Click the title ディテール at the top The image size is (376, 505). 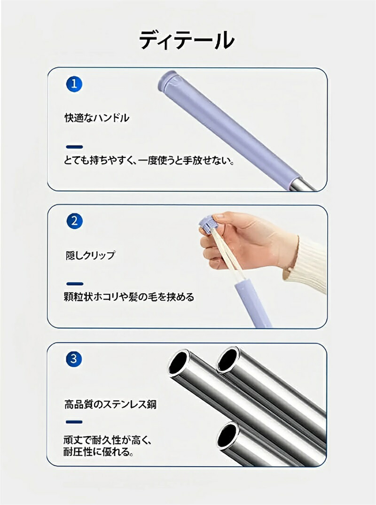click(187, 40)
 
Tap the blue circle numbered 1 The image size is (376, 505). click(74, 84)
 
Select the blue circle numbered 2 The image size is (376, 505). click(74, 221)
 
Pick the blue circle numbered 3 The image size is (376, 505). click(74, 358)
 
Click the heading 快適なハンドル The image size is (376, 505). click(97, 118)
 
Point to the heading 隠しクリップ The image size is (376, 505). click(90, 256)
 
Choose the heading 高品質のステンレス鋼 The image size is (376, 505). click(110, 404)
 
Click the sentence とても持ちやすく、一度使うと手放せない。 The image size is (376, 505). click(149, 160)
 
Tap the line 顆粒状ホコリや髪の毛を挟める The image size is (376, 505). click(129, 296)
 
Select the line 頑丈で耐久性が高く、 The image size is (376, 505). click(108, 440)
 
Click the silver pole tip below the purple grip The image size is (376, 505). click(303, 185)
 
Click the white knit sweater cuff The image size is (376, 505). click(305, 264)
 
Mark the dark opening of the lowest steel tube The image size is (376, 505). click(227, 436)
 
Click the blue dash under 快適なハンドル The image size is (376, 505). click(74, 147)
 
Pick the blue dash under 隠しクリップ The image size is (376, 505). click(75, 284)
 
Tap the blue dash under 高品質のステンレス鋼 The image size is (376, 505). click(74, 421)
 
